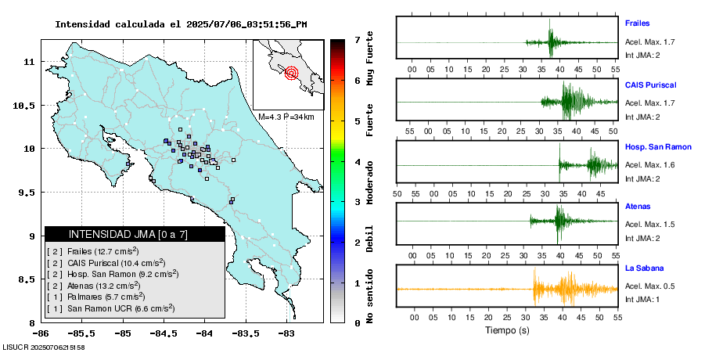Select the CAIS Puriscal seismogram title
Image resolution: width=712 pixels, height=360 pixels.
coord(650,85)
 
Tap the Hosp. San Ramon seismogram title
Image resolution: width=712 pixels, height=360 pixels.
coord(658,146)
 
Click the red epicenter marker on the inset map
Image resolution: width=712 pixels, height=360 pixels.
coord(292,74)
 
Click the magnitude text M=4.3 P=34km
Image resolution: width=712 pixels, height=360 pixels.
coord(286,117)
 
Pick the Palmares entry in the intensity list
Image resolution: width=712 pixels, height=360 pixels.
coord(96,297)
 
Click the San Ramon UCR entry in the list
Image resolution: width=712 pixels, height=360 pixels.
coord(110,309)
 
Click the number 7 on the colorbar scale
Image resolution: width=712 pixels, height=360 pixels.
coord(357,39)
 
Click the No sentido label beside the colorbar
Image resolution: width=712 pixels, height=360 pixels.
coord(370,297)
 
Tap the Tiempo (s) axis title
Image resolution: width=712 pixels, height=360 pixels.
coord(507,331)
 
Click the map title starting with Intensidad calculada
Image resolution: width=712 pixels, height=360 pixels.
coord(181,24)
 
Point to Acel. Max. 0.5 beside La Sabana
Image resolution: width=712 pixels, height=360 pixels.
coord(650,286)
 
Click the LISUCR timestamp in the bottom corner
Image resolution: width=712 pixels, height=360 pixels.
coord(44,347)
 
